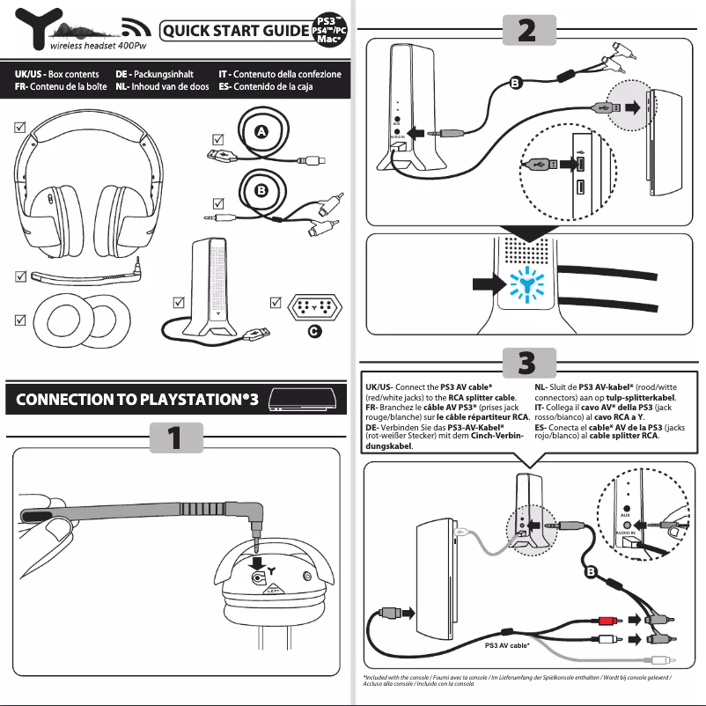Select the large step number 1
click(x=175, y=437)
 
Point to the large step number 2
click(x=526, y=30)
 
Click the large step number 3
click(x=526, y=361)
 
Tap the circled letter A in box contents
click(x=261, y=131)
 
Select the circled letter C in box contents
click(x=313, y=331)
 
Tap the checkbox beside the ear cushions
click(x=20, y=319)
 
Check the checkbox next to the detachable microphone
click(x=20, y=276)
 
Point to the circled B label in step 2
click(x=515, y=82)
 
